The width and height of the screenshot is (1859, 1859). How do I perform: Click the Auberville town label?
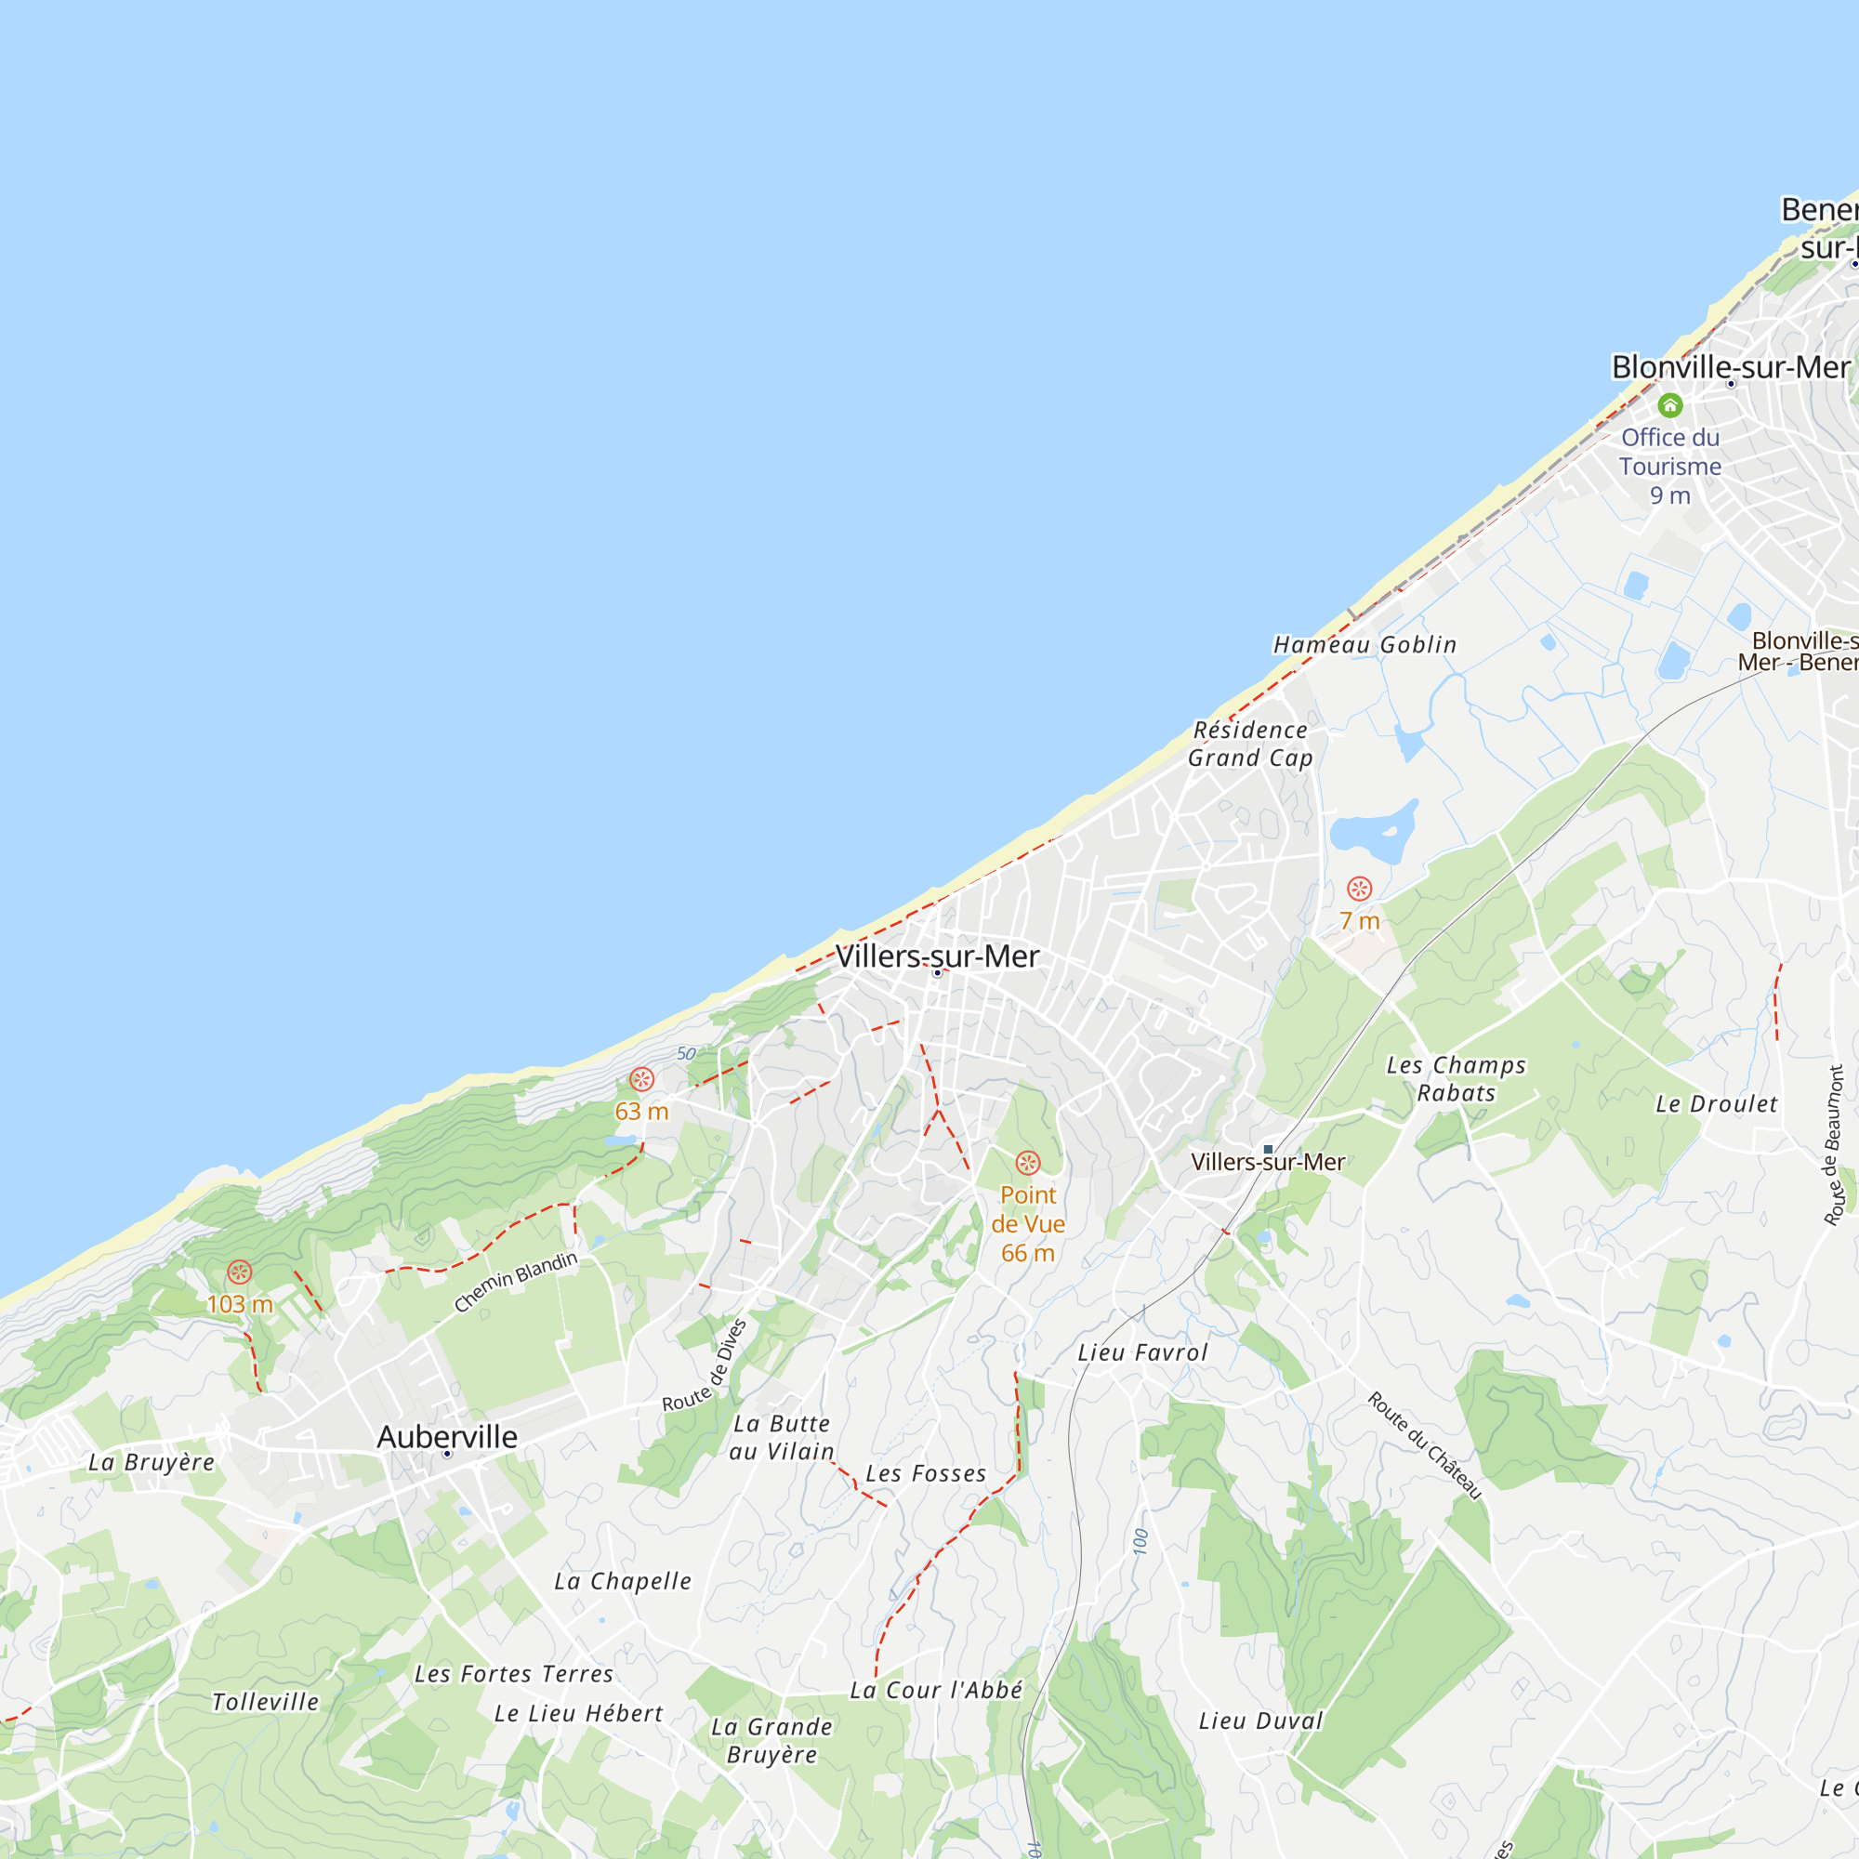click(x=446, y=1437)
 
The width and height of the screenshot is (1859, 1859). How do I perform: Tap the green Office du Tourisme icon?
click(x=1669, y=405)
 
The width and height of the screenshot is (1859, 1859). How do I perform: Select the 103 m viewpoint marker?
click(x=239, y=1272)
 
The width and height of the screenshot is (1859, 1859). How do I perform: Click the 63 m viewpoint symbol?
click(x=641, y=1078)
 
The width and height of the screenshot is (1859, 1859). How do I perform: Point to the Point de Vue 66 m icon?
click(x=1028, y=1163)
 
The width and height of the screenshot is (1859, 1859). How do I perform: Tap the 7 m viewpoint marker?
click(x=1359, y=888)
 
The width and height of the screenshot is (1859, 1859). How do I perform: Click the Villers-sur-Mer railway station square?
click(x=1268, y=1149)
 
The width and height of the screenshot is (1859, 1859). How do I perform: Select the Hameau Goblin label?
click(x=1365, y=645)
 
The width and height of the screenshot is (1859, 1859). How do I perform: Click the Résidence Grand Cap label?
click(x=1250, y=744)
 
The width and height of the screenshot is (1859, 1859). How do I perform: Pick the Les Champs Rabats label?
click(x=1456, y=1078)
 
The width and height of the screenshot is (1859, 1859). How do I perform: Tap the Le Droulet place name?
click(x=1716, y=1104)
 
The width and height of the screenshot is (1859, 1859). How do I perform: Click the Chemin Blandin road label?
click(x=516, y=1282)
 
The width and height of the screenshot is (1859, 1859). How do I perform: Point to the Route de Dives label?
click(x=705, y=1365)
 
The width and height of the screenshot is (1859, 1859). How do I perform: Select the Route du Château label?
click(x=1424, y=1445)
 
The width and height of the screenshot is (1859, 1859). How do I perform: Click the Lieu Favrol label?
click(x=1142, y=1352)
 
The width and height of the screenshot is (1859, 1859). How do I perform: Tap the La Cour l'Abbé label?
click(x=935, y=1691)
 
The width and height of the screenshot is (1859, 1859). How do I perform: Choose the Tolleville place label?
click(x=265, y=1702)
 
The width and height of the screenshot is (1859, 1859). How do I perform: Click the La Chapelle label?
click(x=623, y=1581)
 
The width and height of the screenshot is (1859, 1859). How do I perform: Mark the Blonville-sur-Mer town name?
click(x=1730, y=367)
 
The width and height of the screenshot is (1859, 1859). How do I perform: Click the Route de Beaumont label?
click(x=1834, y=1145)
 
